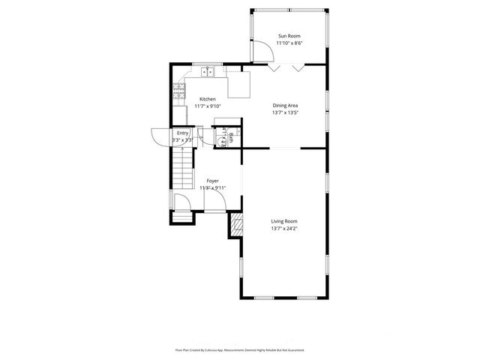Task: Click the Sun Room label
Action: (x=289, y=36)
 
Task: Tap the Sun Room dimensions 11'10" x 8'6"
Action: (x=289, y=43)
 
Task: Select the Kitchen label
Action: (x=208, y=99)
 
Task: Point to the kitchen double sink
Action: (x=208, y=73)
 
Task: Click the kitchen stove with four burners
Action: (x=179, y=91)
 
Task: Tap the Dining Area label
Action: (x=285, y=106)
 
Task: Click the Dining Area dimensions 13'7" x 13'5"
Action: (x=285, y=113)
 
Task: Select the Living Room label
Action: (x=285, y=221)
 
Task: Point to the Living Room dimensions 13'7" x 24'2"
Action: (x=285, y=229)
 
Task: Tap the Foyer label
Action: (x=212, y=181)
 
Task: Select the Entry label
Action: (x=183, y=133)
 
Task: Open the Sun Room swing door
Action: (x=262, y=52)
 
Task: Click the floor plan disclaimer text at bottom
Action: (x=240, y=349)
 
